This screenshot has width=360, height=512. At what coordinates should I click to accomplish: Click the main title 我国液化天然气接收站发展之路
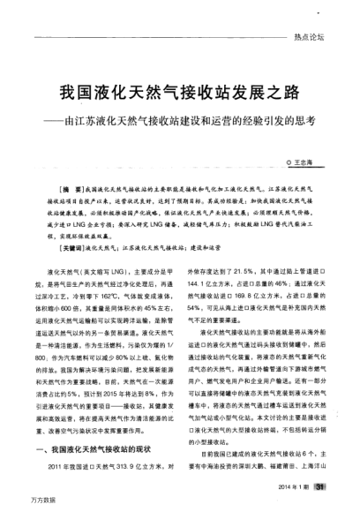[181, 92]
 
